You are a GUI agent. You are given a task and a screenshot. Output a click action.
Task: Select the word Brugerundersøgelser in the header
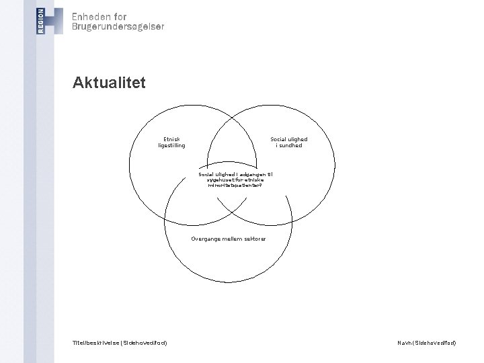click(x=118, y=27)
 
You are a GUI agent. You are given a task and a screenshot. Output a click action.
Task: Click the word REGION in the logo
click(x=42, y=21)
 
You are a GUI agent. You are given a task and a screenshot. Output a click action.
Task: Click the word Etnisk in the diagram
click(x=171, y=139)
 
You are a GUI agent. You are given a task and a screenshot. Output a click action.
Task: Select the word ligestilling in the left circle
click(x=171, y=145)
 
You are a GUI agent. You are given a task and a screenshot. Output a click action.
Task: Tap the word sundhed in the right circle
click(x=291, y=145)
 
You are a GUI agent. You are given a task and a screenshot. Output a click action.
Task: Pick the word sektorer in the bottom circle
click(x=255, y=239)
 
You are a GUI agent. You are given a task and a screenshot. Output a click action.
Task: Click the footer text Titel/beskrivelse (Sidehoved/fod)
click(x=120, y=343)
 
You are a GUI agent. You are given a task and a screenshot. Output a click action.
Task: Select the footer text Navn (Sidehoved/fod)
click(x=427, y=343)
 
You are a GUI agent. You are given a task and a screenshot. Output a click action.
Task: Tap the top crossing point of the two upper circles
click(x=237, y=115)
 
